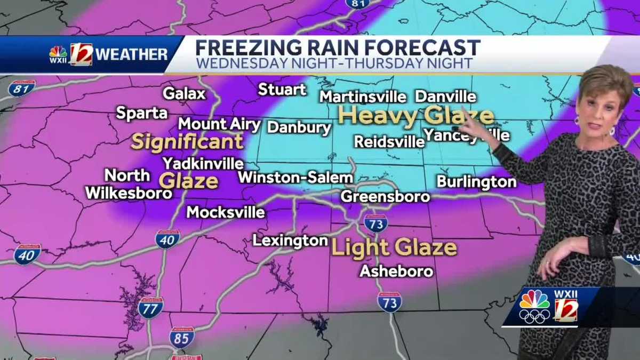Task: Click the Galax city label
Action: tap(184, 94)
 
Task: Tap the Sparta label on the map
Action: tap(142, 113)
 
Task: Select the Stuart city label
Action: tap(282, 90)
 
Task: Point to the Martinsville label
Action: tap(363, 97)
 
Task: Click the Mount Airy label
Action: tap(219, 124)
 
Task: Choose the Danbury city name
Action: tap(299, 127)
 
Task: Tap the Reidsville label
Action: tap(389, 141)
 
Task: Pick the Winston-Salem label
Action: tap(295, 178)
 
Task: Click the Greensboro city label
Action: tap(385, 196)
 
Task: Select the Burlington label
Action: tap(476, 182)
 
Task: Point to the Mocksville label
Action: tap(226, 212)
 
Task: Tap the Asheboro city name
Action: tap(396, 271)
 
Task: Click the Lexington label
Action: tap(290, 241)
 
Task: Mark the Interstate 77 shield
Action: tap(150, 308)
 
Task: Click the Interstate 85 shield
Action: tap(182, 337)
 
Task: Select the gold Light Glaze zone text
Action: tap(394, 247)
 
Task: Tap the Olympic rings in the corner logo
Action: tap(534, 316)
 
